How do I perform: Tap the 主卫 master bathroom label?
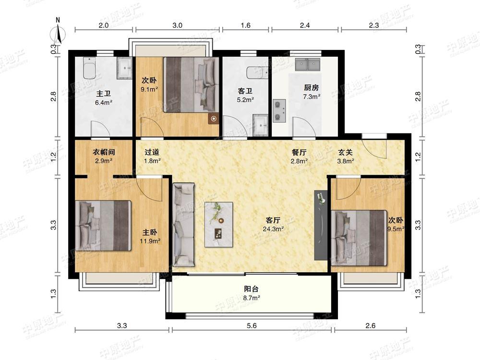[x=104, y=94]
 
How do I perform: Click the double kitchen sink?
[x=308, y=64]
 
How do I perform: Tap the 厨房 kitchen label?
[x=312, y=88]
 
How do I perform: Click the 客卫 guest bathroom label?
[x=245, y=91]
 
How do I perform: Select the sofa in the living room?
[x=183, y=225]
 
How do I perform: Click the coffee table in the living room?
[x=218, y=224]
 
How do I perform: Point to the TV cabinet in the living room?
[x=321, y=225]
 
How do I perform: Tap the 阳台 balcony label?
[x=252, y=288]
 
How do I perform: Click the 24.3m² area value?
[x=273, y=228]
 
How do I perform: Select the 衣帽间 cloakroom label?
[x=104, y=152]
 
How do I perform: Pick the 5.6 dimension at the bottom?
[x=252, y=326]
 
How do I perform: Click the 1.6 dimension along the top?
[x=245, y=25]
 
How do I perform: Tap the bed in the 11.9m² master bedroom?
[x=103, y=226]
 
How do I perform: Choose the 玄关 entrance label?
[x=345, y=152]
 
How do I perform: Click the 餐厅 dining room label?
[x=299, y=152]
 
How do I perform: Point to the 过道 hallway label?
[x=152, y=152]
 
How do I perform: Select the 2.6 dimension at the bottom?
[x=371, y=326]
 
